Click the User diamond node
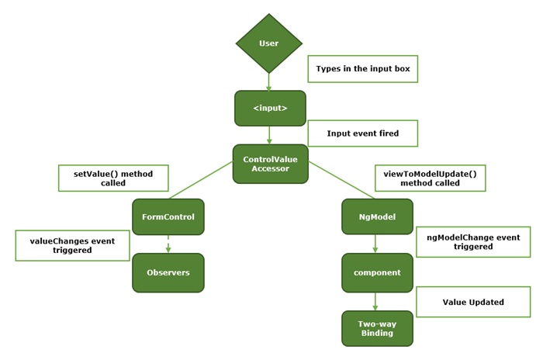click(268, 43)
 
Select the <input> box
click(270, 108)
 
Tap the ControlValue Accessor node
click(270, 164)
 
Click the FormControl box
click(168, 216)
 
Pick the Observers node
click(168, 272)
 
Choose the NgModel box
click(377, 216)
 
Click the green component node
click(377, 272)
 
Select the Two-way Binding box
click(377, 328)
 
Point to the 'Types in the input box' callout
click(362, 69)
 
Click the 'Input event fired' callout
click(362, 133)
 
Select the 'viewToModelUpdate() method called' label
click(430, 178)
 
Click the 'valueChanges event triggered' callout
click(72, 245)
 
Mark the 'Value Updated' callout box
click(473, 302)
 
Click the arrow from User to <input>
click(269, 82)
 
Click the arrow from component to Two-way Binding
click(376, 301)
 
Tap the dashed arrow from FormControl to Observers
click(168, 244)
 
